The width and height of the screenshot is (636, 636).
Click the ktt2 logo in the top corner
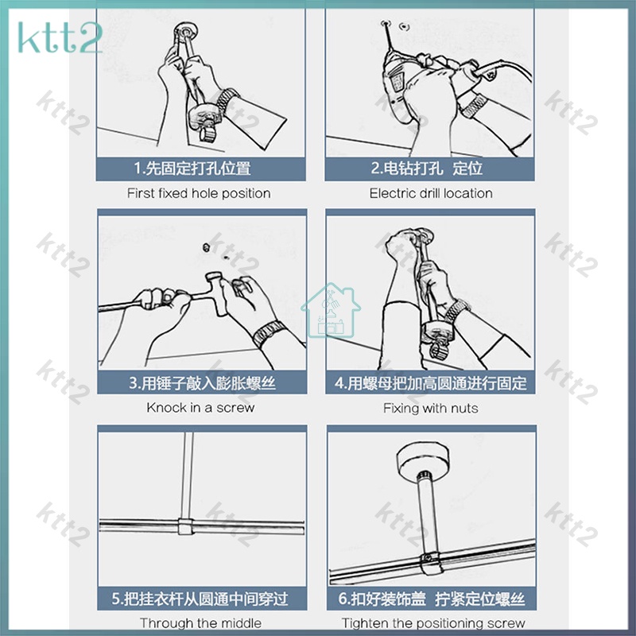click(60, 37)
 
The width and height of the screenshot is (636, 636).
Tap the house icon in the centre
click(331, 310)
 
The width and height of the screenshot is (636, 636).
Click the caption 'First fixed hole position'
click(199, 193)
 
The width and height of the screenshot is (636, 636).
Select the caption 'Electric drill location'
click(431, 193)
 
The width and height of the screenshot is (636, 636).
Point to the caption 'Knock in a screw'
click(200, 407)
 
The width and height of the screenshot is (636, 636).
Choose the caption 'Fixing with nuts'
click(430, 408)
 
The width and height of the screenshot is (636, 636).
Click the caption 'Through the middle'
click(201, 622)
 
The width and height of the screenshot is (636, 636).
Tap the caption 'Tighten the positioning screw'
click(433, 622)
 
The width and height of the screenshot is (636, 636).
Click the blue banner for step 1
click(201, 169)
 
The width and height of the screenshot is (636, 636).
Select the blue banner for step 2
click(429, 169)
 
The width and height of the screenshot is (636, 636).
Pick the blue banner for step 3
click(202, 382)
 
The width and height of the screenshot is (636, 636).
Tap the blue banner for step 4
click(430, 382)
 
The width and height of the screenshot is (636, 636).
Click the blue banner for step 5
click(202, 599)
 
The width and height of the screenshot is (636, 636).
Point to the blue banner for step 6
click(432, 599)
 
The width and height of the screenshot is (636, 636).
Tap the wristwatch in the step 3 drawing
click(268, 333)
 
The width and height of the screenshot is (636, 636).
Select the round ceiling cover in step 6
click(423, 460)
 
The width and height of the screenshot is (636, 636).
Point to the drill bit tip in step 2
click(385, 25)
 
